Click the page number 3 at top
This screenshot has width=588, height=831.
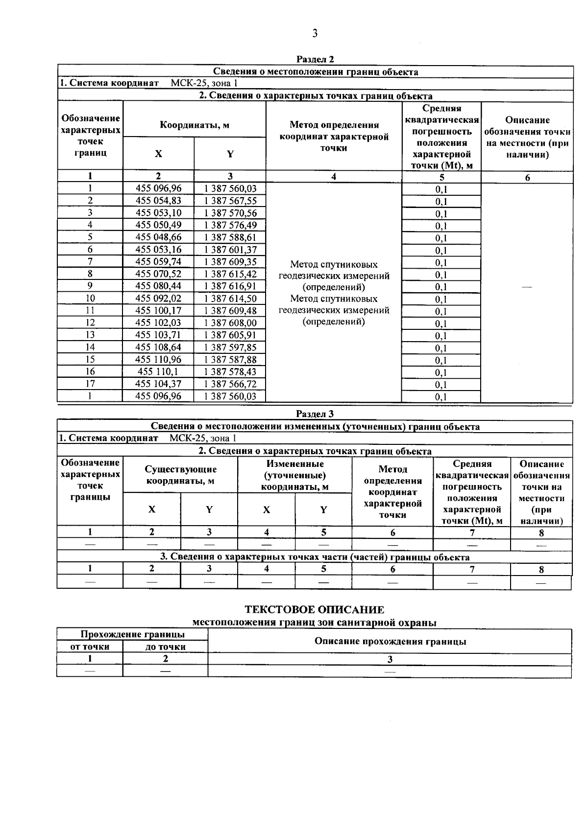pyautogui.click(x=315, y=33)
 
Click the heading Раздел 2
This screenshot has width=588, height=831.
pyautogui.click(x=315, y=59)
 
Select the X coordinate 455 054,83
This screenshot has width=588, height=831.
pyautogui.click(x=158, y=201)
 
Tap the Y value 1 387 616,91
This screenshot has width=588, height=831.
pyautogui.click(x=230, y=286)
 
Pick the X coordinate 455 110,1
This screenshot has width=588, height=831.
pyautogui.click(x=158, y=371)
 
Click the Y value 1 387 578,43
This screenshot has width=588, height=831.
pyautogui.click(x=230, y=371)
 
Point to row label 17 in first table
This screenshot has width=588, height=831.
pyautogui.click(x=90, y=384)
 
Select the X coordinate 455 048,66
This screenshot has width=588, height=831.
pyautogui.click(x=158, y=237)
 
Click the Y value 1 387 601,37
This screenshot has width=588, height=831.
pyautogui.click(x=230, y=250)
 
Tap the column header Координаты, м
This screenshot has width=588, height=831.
pyautogui.click(x=195, y=125)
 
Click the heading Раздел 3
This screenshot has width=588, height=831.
pyautogui.click(x=315, y=414)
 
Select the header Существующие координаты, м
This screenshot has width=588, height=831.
pyautogui.click(x=180, y=475)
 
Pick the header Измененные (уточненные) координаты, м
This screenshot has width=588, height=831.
pyautogui.click(x=294, y=475)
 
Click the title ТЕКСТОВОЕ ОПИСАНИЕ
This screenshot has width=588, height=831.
pyautogui.click(x=314, y=609)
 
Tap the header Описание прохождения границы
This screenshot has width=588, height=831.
pyautogui.click(x=390, y=641)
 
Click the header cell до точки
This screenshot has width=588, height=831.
pyautogui.click(x=165, y=646)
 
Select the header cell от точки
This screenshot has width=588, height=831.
pyautogui.click(x=90, y=646)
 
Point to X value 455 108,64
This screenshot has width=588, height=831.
pyautogui.click(x=158, y=347)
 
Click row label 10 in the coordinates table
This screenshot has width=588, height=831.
pyautogui.click(x=90, y=298)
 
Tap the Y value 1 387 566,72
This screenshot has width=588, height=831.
pyautogui.click(x=230, y=384)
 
